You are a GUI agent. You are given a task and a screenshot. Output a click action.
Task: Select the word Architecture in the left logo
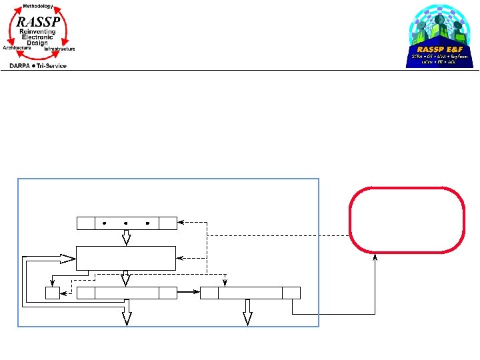(x=17, y=49)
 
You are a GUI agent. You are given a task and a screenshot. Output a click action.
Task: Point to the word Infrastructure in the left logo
(x=60, y=49)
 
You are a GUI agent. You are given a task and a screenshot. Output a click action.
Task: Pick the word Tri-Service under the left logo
(x=51, y=65)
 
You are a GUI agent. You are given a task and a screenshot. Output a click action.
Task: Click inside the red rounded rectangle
(x=406, y=220)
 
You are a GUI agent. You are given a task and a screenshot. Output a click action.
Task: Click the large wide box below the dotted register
(x=126, y=258)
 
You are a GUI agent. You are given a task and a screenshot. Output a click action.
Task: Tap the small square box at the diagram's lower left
(x=53, y=293)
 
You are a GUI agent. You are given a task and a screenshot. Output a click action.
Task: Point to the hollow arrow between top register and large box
(x=126, y=237)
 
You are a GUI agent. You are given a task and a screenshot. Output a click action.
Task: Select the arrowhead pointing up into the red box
(x=375, y=257)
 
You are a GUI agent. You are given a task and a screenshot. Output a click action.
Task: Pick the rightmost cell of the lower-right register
(x=291, y=293)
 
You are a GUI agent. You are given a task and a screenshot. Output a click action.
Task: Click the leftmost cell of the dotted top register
(x=85, y=223)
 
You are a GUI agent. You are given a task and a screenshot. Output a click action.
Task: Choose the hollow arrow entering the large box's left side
(x=67, y=257)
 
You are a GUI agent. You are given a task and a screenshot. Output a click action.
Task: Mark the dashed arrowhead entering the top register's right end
(x=181, y=223)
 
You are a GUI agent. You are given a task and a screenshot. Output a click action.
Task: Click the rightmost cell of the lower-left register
(x=167, y=293)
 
